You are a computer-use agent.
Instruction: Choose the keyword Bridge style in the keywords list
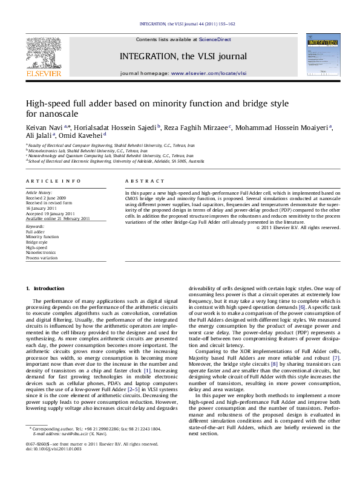[x=36, y=241]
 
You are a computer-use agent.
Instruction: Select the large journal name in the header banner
[x=192, y=56]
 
